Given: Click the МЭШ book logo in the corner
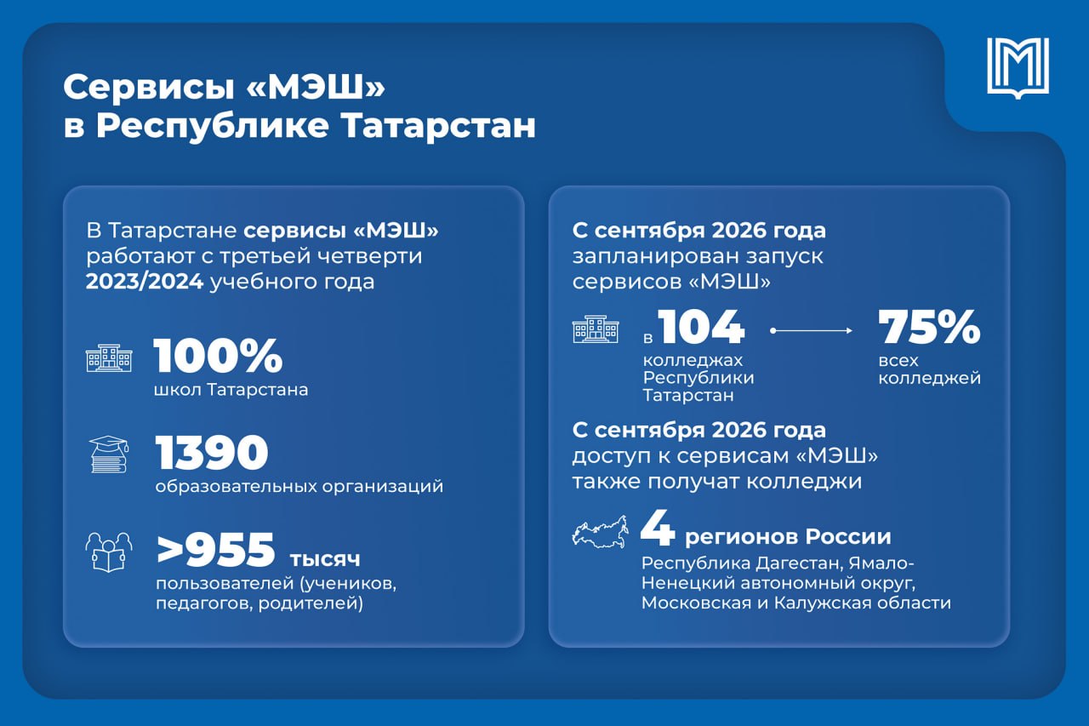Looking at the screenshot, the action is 1018,68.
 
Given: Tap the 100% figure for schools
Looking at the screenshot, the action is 219,356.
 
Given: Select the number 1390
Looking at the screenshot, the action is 212,452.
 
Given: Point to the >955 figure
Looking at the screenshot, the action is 216,550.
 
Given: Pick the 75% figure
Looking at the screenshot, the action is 929,327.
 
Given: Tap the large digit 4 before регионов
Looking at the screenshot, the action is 658,530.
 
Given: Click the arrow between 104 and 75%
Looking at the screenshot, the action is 812,331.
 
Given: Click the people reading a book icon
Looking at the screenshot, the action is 109,552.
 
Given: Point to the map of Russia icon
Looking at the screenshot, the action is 601,532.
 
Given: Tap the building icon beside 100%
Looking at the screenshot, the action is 109,358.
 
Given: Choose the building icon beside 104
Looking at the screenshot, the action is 596,329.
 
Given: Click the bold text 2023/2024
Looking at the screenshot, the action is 145,282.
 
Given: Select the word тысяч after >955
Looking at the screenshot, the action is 325,560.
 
